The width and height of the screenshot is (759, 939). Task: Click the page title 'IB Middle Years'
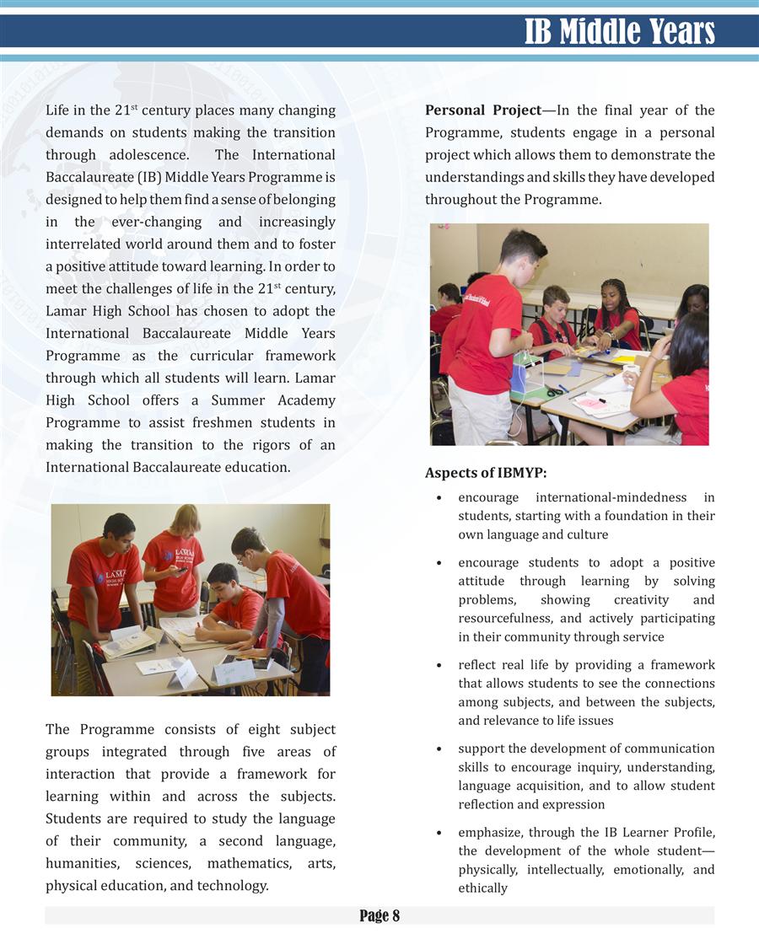tap(619, 31)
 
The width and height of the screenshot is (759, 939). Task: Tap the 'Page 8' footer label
tap(379, 915)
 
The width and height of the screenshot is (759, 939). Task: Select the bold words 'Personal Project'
tap(482, 110)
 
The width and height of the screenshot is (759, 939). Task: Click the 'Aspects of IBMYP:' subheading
tap(486, 473)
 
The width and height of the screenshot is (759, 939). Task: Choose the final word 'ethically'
tap(482, 888)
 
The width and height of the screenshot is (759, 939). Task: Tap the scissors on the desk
tap(553, 391)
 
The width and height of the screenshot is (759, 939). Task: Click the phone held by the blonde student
tap(180, 569)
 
